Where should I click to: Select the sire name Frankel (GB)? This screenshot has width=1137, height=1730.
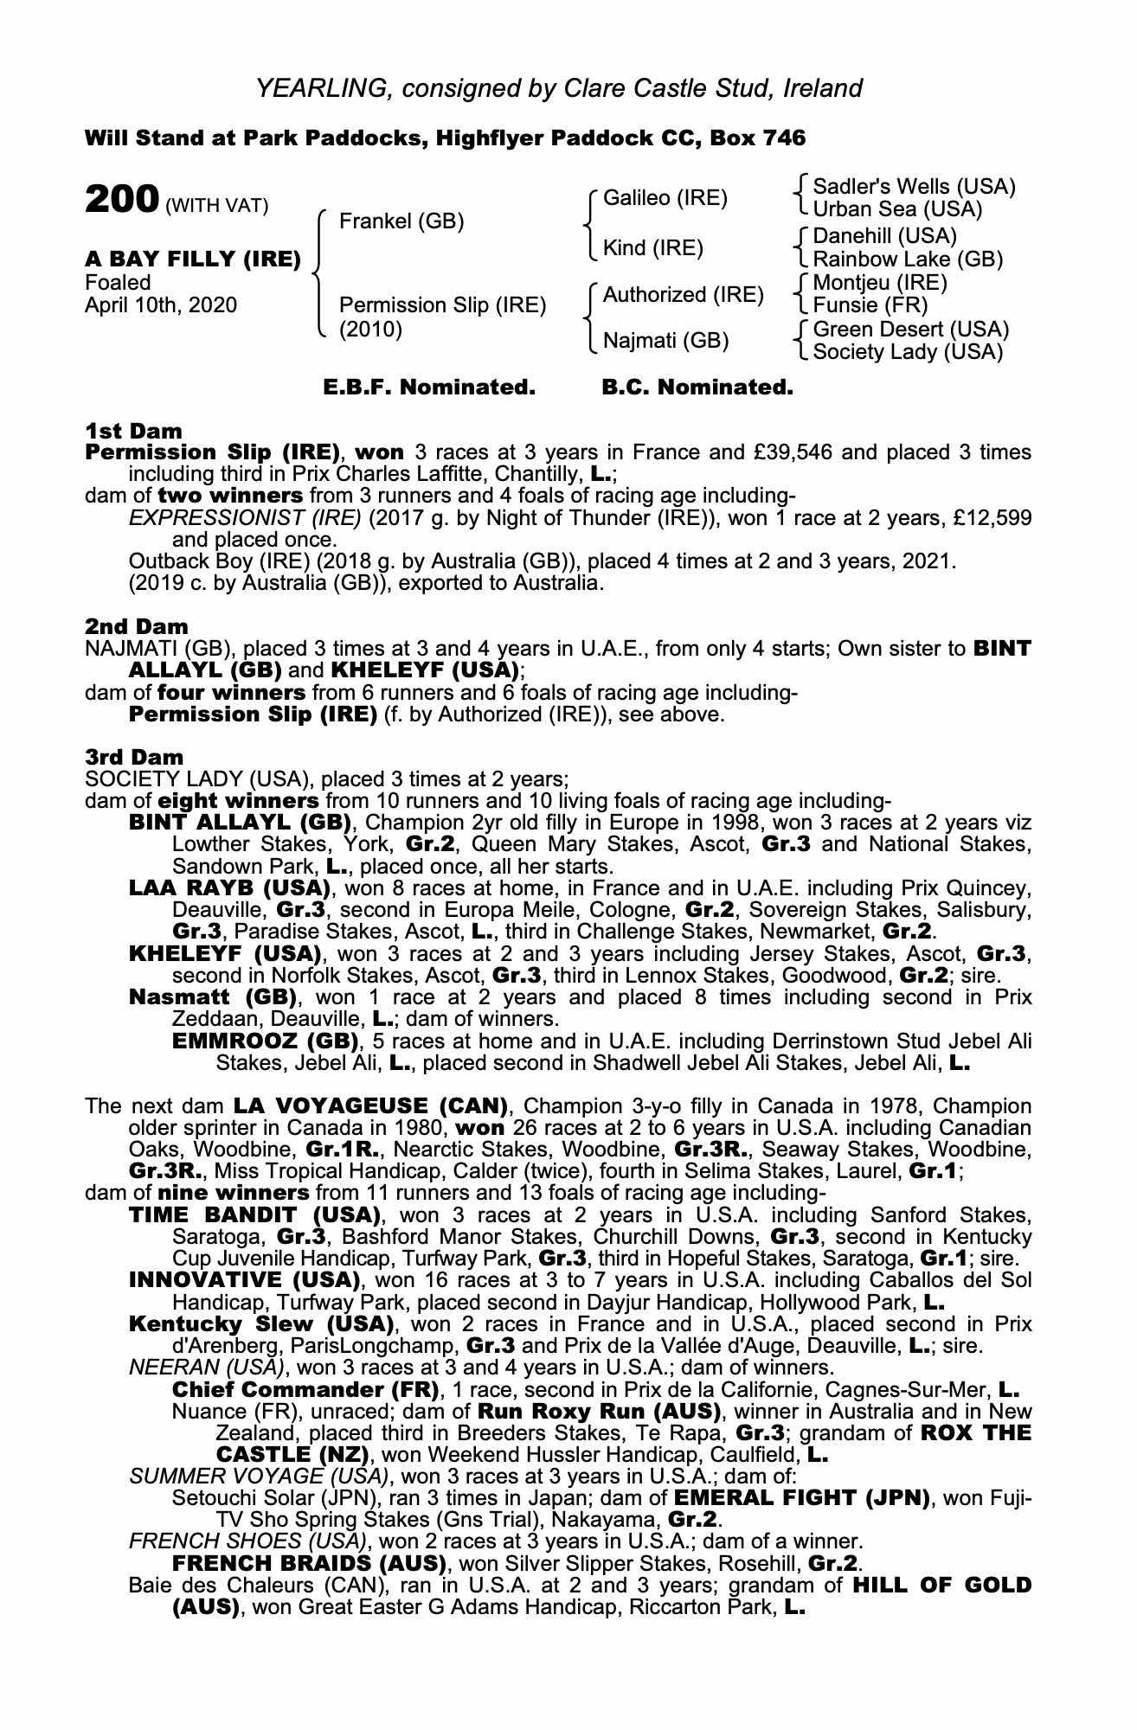(401, 221)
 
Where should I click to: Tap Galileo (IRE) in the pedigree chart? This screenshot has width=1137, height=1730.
(665, 198)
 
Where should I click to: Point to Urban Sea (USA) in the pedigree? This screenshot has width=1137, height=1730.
(898, 209)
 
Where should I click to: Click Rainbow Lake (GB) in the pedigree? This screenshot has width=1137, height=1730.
(908, 259)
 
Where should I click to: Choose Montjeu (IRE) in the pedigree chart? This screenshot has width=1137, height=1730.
(880, 283)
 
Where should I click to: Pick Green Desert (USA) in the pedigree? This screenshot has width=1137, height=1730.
(911, 330)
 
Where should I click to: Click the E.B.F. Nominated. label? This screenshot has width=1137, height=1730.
(429, 388)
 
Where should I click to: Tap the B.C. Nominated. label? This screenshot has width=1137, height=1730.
(697, 388)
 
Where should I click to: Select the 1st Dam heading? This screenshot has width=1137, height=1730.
(133, 431)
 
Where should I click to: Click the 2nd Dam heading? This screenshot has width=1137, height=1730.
(136, 625)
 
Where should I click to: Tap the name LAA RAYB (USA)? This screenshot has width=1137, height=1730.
(228, 888)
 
